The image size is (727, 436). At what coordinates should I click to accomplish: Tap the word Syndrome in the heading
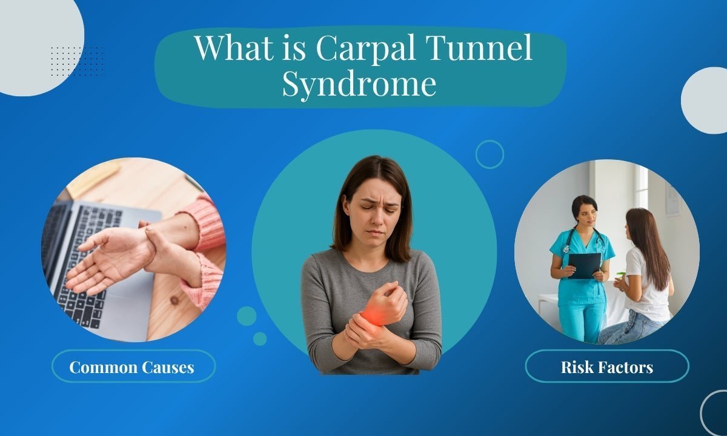[359, 84]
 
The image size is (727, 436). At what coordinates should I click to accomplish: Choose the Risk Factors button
[606, 366]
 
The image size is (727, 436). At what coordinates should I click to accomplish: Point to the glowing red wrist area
[371, 315]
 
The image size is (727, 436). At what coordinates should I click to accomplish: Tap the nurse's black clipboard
[583, 265]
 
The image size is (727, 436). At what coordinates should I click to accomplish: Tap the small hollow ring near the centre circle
[490, 154]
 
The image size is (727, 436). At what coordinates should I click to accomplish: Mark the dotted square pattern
[77, 61]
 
